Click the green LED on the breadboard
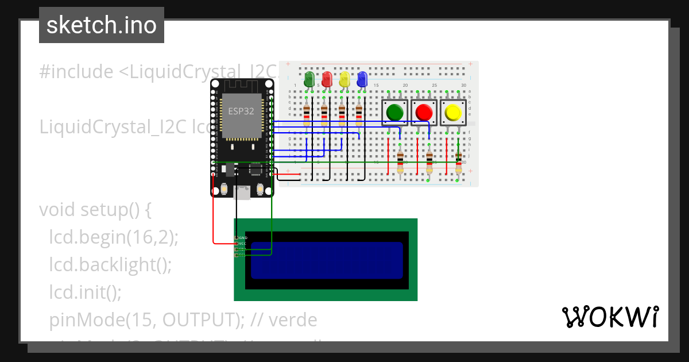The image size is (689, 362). pos(309,78)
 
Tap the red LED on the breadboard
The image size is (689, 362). pos(327,78)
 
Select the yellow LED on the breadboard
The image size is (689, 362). pos(344,78)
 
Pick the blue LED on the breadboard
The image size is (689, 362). pos(362,78)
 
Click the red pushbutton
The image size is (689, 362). pos(424,112)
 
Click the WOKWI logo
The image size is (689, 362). pos(609,317)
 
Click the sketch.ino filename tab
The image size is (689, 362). pos(102,25)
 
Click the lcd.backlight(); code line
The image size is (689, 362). pos(110,265)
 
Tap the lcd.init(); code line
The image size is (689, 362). pos(85,292)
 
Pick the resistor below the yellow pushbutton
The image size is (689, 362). pos(458,163)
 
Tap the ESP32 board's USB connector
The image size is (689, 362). pos(243,193)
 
